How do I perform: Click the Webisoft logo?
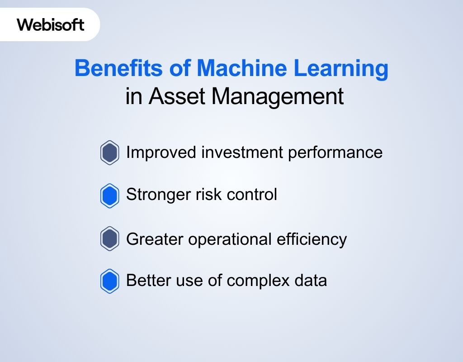(x=51, y=24)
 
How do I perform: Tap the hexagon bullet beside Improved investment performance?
(x=109, y=153)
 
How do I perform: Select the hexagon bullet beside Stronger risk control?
(x=109, y=195)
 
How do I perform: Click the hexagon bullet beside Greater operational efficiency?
(x=109, y=239)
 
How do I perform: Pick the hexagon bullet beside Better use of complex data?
(x=109, y=281)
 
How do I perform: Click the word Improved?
(x=161, y=152)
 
